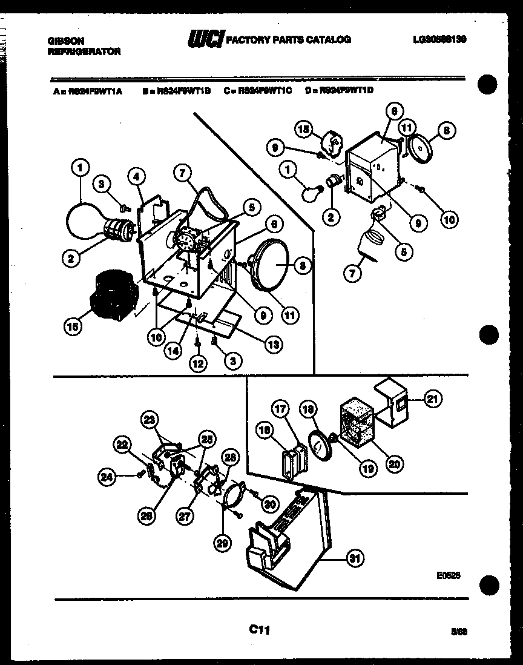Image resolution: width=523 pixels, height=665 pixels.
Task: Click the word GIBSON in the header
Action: [x=66, y=41]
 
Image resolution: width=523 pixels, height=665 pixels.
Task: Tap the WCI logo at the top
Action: [x=206, y=39]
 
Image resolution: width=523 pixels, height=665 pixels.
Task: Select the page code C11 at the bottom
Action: [x=259, y=630]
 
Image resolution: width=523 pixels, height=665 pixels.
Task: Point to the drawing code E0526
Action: [x=451, y=576]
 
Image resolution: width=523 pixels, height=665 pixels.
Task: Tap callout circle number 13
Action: [x=275, y=343]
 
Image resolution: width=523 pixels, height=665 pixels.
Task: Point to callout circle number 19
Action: [x=368, y=468]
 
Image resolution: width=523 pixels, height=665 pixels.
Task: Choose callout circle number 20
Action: [x=394, y=465]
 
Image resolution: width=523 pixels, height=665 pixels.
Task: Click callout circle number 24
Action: [x=107, y=477]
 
